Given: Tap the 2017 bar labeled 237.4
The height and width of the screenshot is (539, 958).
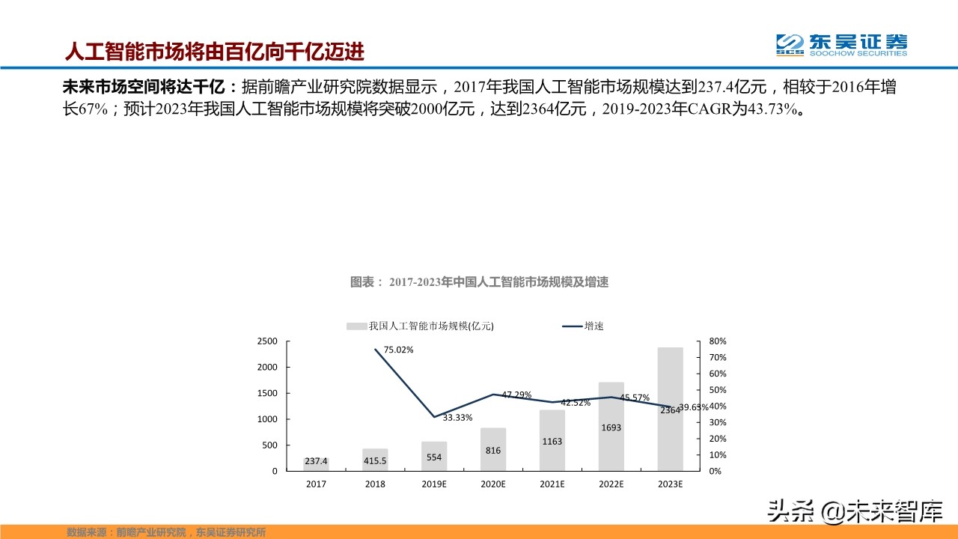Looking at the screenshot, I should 316,463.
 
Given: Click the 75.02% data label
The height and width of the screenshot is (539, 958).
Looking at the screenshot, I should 398,350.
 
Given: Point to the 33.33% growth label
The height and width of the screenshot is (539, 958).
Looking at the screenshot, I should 457,417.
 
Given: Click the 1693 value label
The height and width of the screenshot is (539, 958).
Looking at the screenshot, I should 611,427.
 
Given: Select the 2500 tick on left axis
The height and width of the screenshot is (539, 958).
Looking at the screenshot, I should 268,341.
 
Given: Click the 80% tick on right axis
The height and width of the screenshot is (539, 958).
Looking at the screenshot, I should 718,341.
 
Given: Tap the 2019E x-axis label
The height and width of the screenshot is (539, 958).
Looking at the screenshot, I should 434,484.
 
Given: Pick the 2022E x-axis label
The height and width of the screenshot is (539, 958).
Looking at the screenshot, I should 611,484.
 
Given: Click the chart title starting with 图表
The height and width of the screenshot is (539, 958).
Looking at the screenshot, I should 479,282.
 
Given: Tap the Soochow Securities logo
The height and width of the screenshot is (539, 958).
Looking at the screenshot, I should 841,44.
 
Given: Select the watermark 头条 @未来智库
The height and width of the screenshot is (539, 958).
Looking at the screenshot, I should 852,512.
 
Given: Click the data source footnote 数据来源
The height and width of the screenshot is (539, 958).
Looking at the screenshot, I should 166,532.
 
